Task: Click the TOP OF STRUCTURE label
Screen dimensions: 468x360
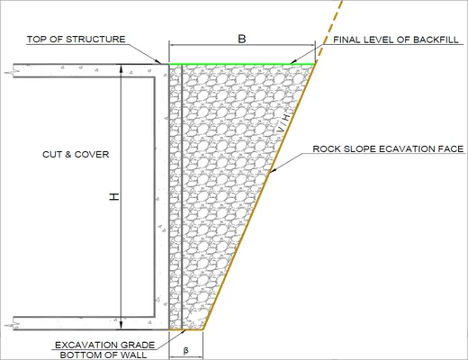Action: point(76,40)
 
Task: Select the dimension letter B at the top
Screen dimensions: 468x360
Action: point(242,39)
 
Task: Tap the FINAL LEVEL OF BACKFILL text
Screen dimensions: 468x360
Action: point(396,40)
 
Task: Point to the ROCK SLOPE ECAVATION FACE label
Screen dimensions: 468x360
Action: point(388,148)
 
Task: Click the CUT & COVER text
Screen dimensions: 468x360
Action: point(76,155)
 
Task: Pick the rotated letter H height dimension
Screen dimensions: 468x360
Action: point(114,197)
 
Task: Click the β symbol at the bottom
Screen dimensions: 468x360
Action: point(185,350)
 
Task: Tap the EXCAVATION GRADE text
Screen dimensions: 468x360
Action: point(104,345)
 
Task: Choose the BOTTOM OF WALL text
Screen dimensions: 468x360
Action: point(103,355)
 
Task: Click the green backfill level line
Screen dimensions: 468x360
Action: point(242,64)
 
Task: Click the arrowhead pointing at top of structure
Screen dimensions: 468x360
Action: point(157,61)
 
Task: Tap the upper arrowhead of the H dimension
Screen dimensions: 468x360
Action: point(121,68)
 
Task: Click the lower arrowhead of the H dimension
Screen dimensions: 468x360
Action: point(121,325)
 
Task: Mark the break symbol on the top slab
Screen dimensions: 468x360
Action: point(13,72)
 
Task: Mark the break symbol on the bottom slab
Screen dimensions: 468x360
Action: point(13,325)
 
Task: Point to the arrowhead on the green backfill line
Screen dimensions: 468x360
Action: point(294,61)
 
